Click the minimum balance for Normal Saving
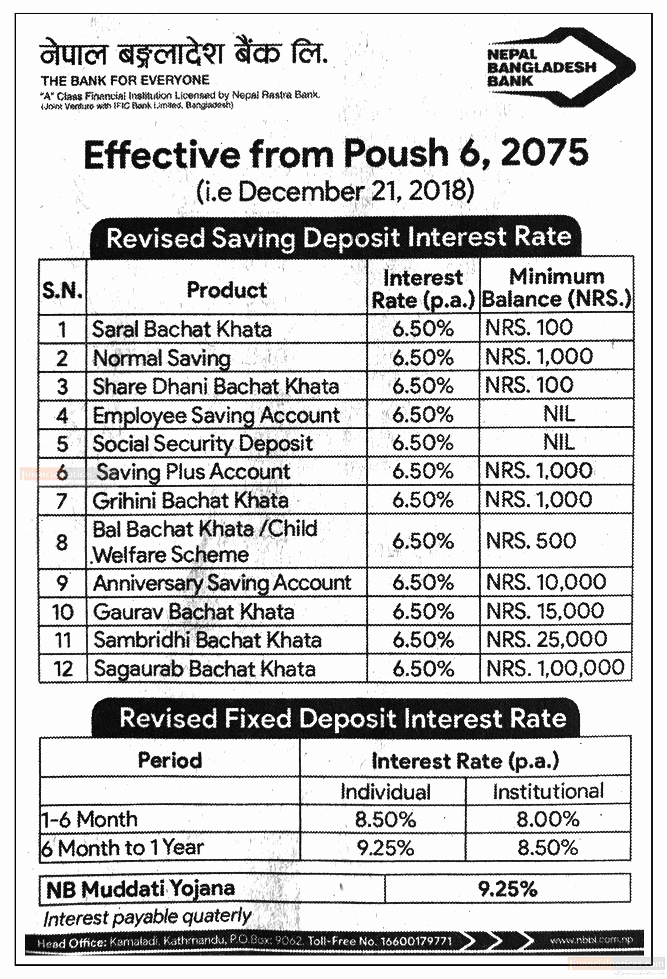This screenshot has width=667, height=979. pyautogui.click(x=539, y=357)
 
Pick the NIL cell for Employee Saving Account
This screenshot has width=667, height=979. pyautogui.click(x=559, y=414)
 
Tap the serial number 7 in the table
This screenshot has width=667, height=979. pyautogui.click(x=62, y=500)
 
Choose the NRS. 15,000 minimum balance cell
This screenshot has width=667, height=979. pyautogui.click(x=545, y=611)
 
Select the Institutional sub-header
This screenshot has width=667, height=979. pyautogui.click(x=548, y=791)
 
